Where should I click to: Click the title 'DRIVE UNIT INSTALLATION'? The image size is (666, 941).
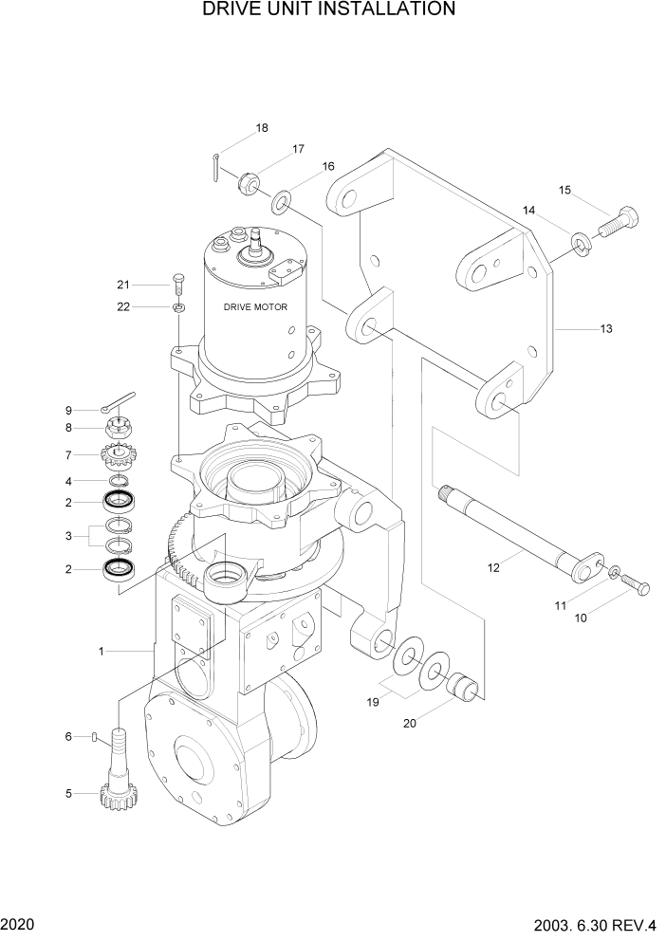329,10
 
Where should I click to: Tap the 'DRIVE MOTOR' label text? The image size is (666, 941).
255,307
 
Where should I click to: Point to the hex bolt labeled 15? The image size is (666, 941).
618,222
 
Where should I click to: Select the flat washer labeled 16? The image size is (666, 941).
282,202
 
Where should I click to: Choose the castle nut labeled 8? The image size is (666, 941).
119,428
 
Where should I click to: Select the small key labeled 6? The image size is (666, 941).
96,736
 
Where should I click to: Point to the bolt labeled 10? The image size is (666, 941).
636,588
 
